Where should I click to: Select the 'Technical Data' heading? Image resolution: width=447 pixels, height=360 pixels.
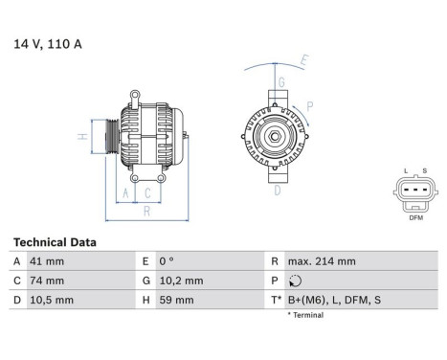coord(54,242)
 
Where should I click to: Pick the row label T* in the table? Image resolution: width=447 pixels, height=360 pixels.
coord(278,300)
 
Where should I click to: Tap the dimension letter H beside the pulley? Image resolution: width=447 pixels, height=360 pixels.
coord(83,136)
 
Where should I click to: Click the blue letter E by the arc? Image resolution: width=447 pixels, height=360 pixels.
coord(304,60)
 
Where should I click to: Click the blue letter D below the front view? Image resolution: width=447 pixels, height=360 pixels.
coord(278,191)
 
